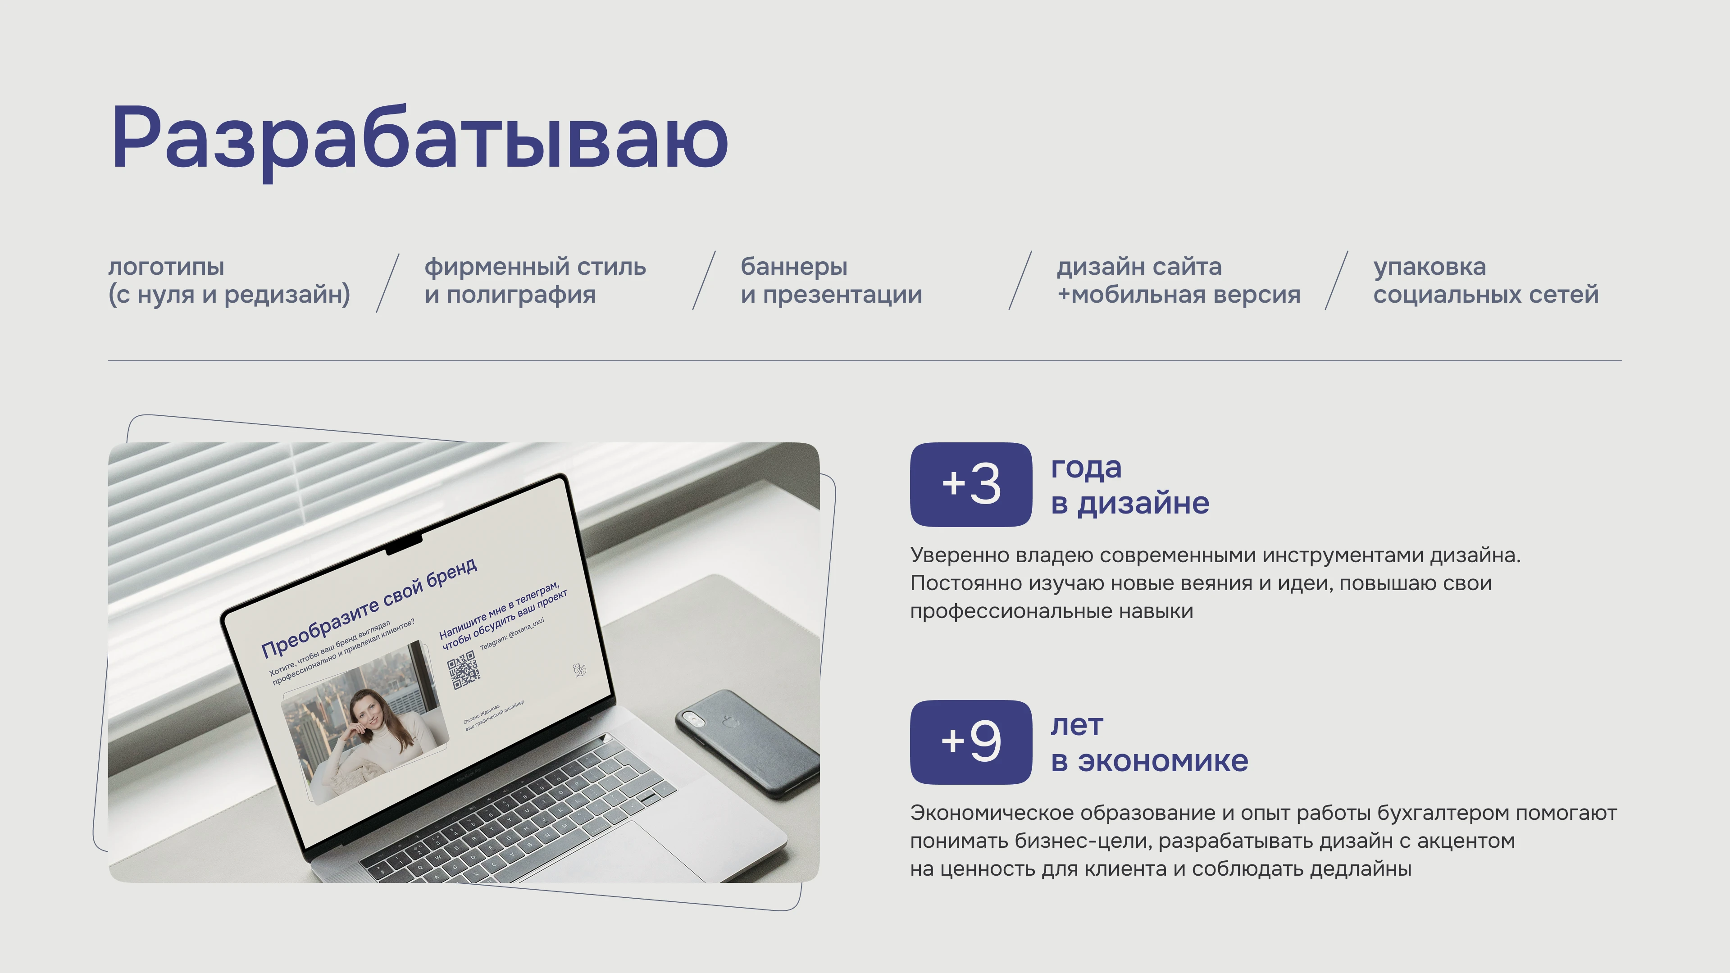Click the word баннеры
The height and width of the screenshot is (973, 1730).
pos(794,267)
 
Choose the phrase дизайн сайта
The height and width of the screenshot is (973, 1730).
pos(1139,267)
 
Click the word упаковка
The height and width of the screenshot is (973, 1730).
pos(1429,267)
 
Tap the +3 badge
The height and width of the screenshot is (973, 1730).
pos(970,484)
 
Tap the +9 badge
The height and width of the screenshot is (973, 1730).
pos(970,742)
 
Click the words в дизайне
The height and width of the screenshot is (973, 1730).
pos(1129,503)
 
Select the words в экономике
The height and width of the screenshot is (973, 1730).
pos(1149,761)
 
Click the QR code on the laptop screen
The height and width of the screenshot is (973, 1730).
pos(464,669)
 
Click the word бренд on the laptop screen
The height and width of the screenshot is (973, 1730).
pos(451,574)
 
